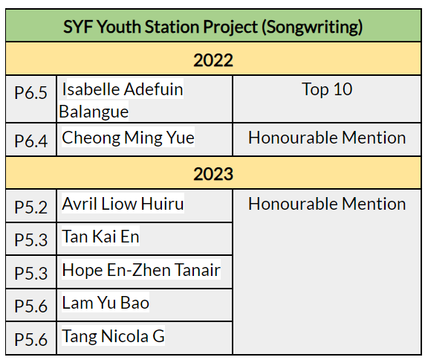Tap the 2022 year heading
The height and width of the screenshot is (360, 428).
[213, 60]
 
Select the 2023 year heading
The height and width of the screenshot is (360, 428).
[213, 174]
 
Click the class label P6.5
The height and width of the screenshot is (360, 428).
[31, 93]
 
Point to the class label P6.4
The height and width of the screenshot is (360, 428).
[31, 141]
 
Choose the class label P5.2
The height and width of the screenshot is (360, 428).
[31, 207]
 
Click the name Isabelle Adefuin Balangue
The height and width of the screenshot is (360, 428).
[121, 100]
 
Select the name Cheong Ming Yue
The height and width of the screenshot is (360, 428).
[128, 138]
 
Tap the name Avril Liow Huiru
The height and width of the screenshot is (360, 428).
[123, 204]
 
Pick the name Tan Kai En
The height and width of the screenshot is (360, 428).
[101, 237]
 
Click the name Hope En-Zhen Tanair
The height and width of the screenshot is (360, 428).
[141, 270]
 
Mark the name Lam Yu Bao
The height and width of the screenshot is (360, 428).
[106, 303]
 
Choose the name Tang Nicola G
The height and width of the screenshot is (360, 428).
[113, 336]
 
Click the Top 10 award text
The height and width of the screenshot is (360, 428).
[327, 89]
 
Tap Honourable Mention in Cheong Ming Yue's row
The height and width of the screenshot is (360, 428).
[327, 138]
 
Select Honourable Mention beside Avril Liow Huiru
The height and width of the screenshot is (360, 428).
[327, 204]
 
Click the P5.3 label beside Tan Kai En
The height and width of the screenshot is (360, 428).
[31, 240]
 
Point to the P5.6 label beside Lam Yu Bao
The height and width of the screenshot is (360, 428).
[31, 306]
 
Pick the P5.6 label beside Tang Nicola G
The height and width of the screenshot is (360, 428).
[31, 339]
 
